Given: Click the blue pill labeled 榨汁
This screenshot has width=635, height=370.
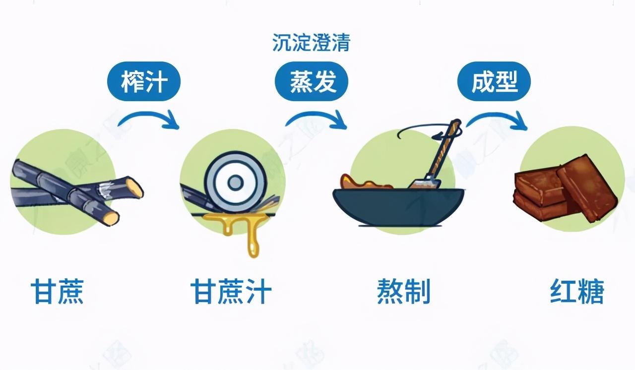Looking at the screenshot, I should coord(143,82).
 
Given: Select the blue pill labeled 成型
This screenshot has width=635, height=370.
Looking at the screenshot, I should coord(494,82).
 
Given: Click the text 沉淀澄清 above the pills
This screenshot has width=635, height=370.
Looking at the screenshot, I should coord(312,43).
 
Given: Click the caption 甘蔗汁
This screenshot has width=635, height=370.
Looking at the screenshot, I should coord(231,291).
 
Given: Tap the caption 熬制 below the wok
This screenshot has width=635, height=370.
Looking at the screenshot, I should coord(403,291).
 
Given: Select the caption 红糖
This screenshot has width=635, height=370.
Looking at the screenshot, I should coord(577,291).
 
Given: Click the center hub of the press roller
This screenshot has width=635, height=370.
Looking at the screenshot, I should coord(235,183).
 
